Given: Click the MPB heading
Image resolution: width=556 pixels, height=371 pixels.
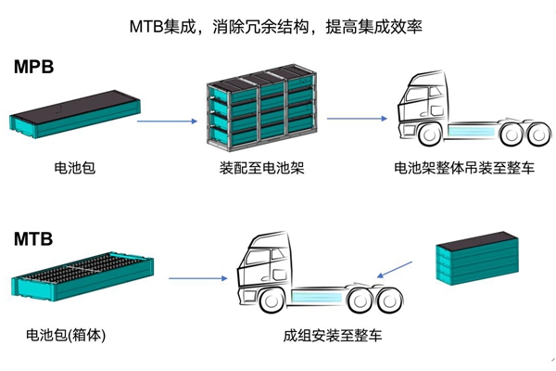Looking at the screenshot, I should click(x=35, y=67).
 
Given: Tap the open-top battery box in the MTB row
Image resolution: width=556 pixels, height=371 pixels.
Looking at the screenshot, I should click(x=78, y=276).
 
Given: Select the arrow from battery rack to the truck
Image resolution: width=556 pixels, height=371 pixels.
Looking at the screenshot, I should click(x=357, y=118).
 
